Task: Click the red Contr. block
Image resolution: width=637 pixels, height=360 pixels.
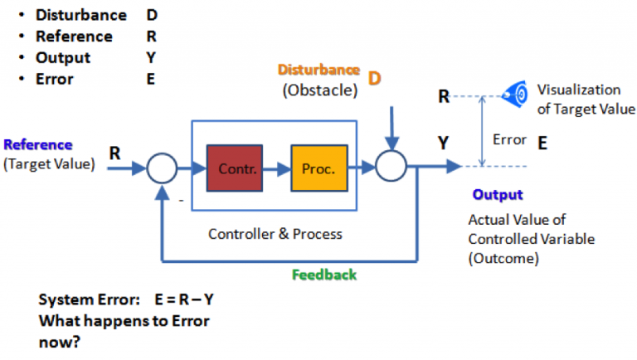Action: (x=234, y=168)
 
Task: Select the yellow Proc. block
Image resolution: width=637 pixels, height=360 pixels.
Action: (x=318, y=168)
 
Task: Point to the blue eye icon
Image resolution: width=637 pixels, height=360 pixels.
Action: (x=518, y=95)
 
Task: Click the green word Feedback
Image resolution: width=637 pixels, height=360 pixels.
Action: (x=324, y=275)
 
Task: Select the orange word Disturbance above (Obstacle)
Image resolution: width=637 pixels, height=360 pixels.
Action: (x=318, y=71)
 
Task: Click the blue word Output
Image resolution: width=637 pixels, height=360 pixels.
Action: (x=498, y=194)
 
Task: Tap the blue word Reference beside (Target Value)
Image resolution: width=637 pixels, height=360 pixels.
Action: (x=38, y=144)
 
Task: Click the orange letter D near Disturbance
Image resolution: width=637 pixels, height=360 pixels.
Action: (x=374, y=78)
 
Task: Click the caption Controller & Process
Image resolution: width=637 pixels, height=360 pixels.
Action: (x=275, y=234)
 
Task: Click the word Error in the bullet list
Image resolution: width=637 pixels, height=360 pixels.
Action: (x=54, y=80)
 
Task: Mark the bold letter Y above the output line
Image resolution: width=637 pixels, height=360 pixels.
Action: (x=445, y=144)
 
